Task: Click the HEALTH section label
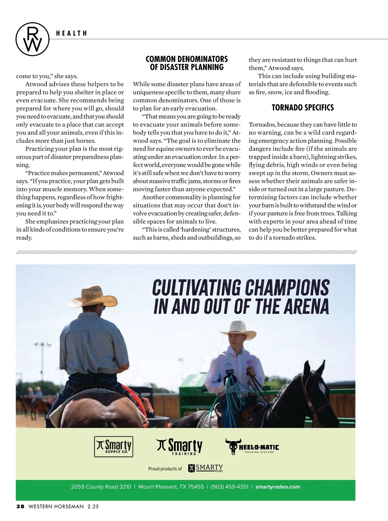[71, 33]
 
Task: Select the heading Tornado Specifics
[303, 108]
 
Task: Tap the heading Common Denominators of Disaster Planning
[187, 63]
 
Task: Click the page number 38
[20, 507]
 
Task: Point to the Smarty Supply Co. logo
[113, 446]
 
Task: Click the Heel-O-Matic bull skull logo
[232, 446]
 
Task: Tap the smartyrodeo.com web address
[277, 487]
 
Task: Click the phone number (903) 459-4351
[230, 487]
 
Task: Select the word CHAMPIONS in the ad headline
[287, 287]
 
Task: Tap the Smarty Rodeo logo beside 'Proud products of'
[206, 468]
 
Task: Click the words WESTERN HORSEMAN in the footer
[56, 507]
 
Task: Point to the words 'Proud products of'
[165, 469]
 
